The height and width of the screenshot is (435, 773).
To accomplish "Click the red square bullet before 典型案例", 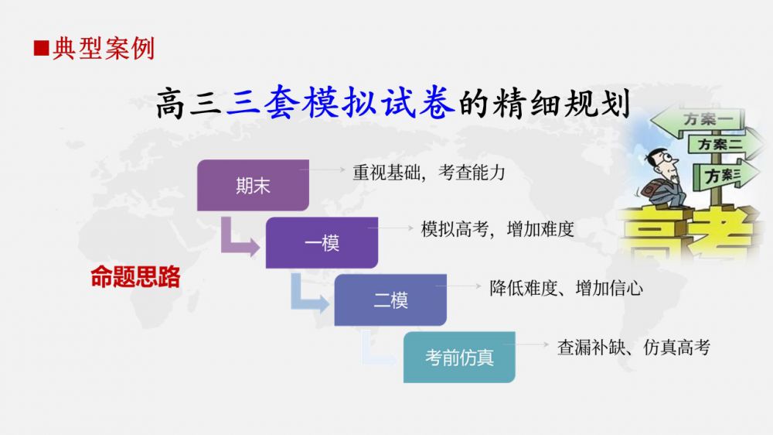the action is tap(42, 49).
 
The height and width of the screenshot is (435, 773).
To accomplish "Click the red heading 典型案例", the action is tap(104, 49).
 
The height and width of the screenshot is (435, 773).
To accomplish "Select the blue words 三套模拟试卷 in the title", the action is tap(340, 102).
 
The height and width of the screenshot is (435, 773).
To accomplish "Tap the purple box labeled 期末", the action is tap(253, 185).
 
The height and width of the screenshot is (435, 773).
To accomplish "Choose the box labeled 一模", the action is tap(322, 242).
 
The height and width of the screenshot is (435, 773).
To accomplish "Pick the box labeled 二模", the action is tap(390, 300).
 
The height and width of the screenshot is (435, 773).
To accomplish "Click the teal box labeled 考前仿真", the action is tap(459, 357).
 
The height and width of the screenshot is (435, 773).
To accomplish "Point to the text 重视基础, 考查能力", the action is tap(429, 173).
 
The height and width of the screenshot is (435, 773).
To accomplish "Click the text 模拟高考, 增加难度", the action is tap(497, 229).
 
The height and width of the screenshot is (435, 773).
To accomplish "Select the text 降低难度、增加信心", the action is tap(567, 288).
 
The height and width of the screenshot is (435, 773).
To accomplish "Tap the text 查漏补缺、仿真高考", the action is tap(634, 347).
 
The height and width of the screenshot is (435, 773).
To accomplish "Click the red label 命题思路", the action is tap(135, 276).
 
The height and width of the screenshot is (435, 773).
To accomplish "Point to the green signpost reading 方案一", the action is tap(698, 120).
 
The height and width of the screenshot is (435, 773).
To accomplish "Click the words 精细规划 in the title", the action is tap(562, 103).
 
